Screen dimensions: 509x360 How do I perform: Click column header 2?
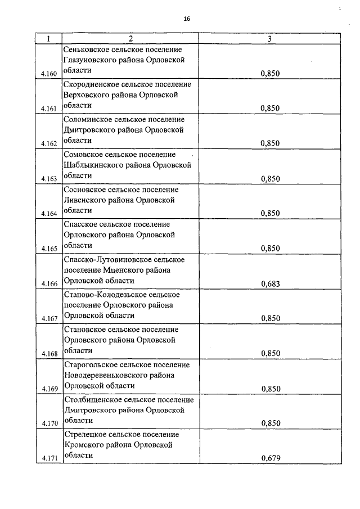[x=130, y=39]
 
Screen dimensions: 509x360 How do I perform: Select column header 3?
[x=270, y=39]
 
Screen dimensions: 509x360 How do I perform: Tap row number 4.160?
[x=49, y=74]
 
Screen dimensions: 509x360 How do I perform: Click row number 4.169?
[x=49, y=389]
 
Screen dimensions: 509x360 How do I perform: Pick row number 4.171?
[x=49, y=458]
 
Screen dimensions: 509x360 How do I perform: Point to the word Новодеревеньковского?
[x=105, y=375]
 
